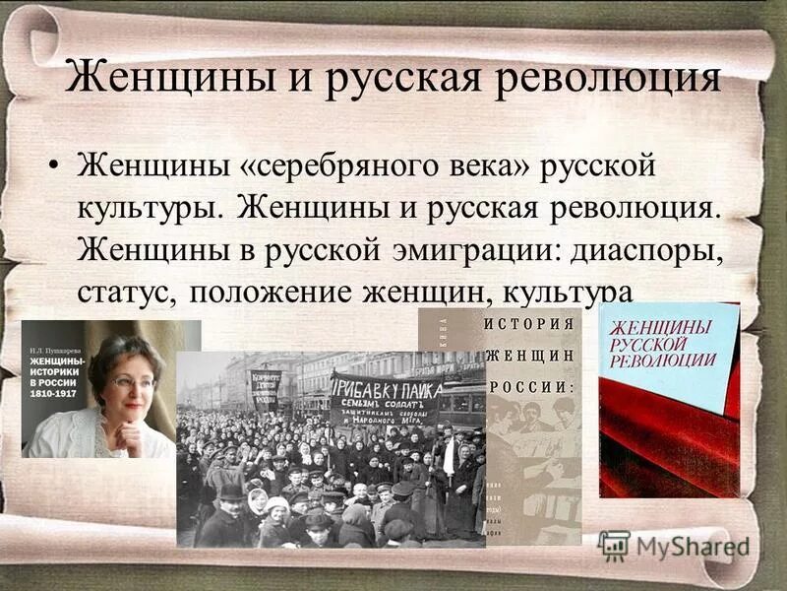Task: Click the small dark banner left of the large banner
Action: [264, 387]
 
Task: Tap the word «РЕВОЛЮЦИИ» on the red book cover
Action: [662, 358]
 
